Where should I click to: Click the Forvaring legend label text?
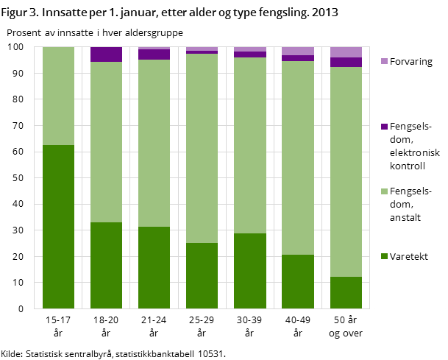pyautogui.click(x=411, y=62)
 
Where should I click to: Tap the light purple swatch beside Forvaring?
pyautogui.click(x=384, y=61)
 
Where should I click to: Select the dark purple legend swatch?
pyautogui.click(x=384, y=127)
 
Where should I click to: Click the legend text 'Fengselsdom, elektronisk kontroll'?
pyautogui.click(x=415, y=147)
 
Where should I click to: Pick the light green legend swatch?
pyautogui.click(x=384, y=191)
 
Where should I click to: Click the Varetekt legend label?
pyautogui.click(x=409, y=257)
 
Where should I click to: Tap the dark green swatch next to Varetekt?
pyautogui.click(x=384, y=256)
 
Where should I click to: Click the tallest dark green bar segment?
pyautogui.click(x=59, y=227)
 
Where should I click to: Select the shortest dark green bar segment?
pyautogui.click(x=346, y=292)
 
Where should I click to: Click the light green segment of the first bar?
pyautogui.click(x=59, y=96)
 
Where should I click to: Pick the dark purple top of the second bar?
pyautogui.click(x=107, y=54)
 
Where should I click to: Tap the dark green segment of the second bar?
pyautogui.click(x=107, y=265)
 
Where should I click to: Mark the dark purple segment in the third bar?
pyautogui.click(x=154, y=54)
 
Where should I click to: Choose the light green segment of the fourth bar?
pyautogui.click(x=202, y=148)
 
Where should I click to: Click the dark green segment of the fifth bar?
pyautogui.click(x=250, y=271)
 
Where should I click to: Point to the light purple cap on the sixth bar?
pyautogui.click(x=298, y=51)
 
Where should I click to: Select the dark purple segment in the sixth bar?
pyautogui.click(x=298, y=58)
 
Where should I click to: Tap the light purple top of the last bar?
pyautogui.click(x=346, y=52)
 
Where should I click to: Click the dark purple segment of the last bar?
pyautogui.click(x=346, y=62)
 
